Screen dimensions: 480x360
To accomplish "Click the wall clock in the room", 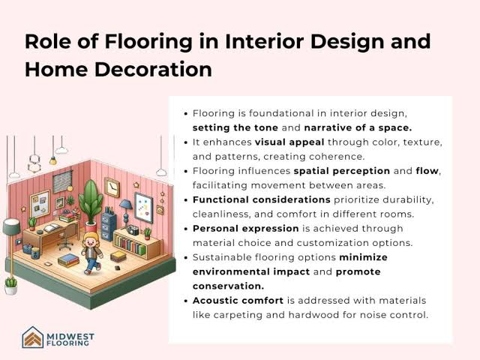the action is (x=112, y=187).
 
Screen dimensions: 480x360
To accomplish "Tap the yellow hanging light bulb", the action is (x=53, y=160).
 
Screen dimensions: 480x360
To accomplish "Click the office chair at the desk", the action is (x=67, y=236).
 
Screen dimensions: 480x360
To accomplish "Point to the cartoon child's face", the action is (x=91, y=241).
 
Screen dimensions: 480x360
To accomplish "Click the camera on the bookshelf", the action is (x=133, y=229).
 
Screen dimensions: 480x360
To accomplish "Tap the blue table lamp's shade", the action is (x=125, y=204).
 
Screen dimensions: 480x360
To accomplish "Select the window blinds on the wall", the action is (x=62, y=181).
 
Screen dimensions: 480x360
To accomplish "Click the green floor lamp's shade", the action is (x=11, y=226).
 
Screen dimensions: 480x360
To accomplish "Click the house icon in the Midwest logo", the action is (x=33, y=337).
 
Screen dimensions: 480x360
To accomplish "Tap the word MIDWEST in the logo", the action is (x=70, y=337).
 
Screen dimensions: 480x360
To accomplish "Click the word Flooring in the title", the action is (x=148, y=42).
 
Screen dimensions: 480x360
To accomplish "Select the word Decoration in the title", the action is (x=153, y=69).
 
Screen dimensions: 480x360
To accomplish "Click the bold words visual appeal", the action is (x=289, y=142).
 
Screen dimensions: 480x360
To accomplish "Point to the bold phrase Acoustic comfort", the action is (x=238, y=301).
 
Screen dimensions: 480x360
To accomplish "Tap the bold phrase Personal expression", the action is (x=245, y=229).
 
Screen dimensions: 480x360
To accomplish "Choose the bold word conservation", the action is (x=228, y=286).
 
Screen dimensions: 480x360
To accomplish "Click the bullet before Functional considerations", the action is (x=185, y=200).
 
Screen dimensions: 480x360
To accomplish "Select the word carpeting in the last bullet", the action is (x=238, y=315).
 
